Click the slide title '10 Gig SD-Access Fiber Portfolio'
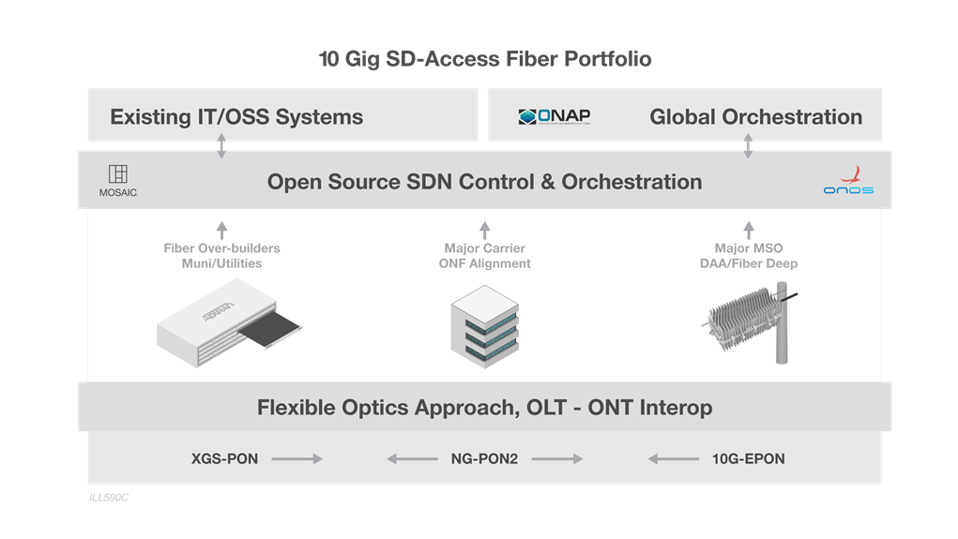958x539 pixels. [485, 59]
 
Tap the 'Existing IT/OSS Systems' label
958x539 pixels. [236, 117]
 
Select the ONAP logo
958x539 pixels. [555, 116]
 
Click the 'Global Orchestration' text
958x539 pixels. [755, 117]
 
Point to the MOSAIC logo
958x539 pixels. [118, 180]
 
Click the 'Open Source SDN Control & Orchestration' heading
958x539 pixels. [484, 181]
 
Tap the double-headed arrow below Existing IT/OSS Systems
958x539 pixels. [222, 145]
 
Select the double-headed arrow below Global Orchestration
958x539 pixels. [748, 145]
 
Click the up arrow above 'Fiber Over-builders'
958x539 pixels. [221, 230]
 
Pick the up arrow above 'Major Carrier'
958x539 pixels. [485, 230]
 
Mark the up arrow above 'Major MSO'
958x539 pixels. [748, 230]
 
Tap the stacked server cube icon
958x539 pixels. [485, 325]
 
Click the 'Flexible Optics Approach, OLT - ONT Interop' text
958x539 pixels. [484, 408]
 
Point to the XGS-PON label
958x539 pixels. [224, 459]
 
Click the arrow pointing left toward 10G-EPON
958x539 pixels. [673, 459]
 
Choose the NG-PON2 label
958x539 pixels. [484, 459]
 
